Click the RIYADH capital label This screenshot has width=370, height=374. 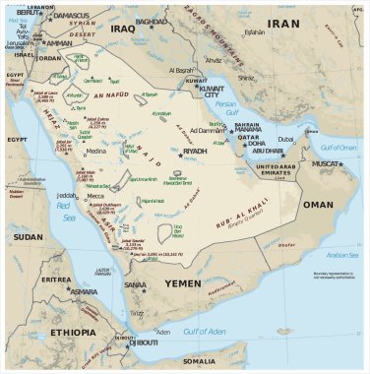pos(196,152)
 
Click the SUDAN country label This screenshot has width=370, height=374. pos(29,237)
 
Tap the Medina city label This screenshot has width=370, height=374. pos(95,151)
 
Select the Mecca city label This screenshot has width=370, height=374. pos(96,196)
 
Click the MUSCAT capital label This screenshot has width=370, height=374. pos(328,163)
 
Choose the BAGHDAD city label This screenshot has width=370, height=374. pos(153,21)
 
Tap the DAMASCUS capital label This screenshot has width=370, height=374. pos(71,16)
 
